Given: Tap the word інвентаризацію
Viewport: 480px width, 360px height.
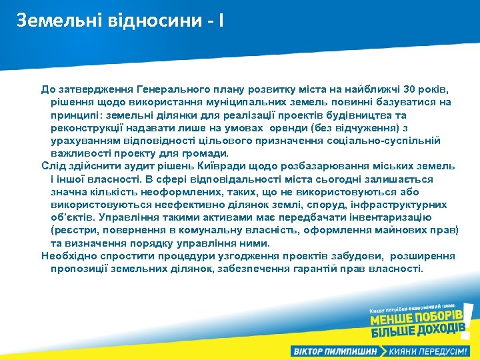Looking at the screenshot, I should (x=394, y=217).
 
